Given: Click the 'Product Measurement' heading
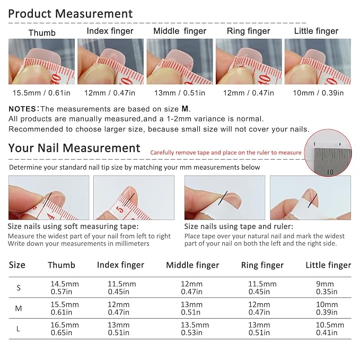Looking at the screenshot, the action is pyautogui.click(x=71, y=14).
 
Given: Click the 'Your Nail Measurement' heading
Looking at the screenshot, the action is pyautogui.click(x=74, y=148).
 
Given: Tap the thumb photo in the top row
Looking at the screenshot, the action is pyautogui.click(x=41, y=62).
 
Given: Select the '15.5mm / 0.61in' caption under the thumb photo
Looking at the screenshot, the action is pyautogui.click(x=41, y=93).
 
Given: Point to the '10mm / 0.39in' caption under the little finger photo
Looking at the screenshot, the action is pyautogui.click(x=318, y=93).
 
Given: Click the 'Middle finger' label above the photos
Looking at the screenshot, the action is pyautogui.click(x=180, y=31).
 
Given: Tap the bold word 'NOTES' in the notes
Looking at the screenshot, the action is pyautogui.click(x=22, y=109).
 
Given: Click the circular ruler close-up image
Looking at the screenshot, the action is pyautogui.click(x=328, y=153).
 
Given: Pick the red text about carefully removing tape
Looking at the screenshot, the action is pyautogui.click(x=226, y=153).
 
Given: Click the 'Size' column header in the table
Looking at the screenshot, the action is pyautogui.click(x=17, y=265).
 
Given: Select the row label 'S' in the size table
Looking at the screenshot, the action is pyautogui.click(x=19, y=288).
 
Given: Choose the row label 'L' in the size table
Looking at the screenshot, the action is pyautogui.click(x=18, y=329).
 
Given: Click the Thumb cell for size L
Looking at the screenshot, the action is pyautogui.click(x=65, y=329).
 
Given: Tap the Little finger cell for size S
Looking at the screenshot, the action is pyautogui.click(x=327, y=288).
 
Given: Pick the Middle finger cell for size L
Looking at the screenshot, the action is pyautogui.click(x=195, y=329).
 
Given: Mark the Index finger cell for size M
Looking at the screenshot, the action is pyautogui.click(x=119, y=309).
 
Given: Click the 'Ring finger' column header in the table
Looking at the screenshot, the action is pyautogui.click(x=262, y=265).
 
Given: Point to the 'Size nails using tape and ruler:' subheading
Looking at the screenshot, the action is pyautogui.click(x=239, y=226).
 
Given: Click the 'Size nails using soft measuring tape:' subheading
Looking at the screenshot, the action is pyautogui.click(x=73, y=226).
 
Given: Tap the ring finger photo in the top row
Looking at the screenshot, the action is pyautogui.click(x=249, y=62).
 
